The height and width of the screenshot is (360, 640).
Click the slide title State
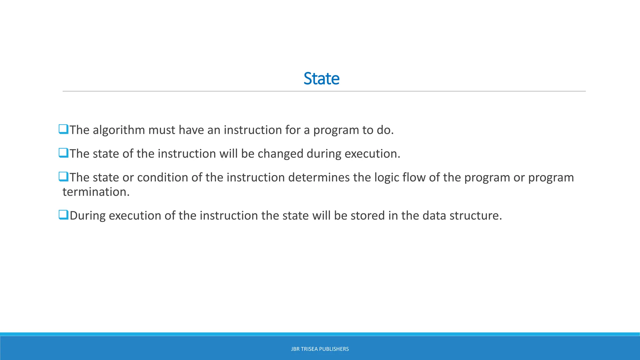pos(321,78)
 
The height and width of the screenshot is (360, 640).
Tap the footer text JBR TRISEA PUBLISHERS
pos(320,349)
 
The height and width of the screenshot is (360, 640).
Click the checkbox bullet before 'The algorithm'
pos(63,129)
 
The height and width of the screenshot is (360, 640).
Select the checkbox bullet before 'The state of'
pos(63,153)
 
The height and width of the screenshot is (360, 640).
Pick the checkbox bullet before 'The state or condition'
pos(63,177)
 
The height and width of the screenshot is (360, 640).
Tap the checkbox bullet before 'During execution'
pos(63,215)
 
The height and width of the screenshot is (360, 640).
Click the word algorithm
pos(118,130)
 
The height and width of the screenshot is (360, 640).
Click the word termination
pos(96,192)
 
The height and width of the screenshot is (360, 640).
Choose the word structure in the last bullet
pos(475,216)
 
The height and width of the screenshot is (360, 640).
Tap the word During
pos(87,216)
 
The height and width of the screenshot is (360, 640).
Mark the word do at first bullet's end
pos(385,130)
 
